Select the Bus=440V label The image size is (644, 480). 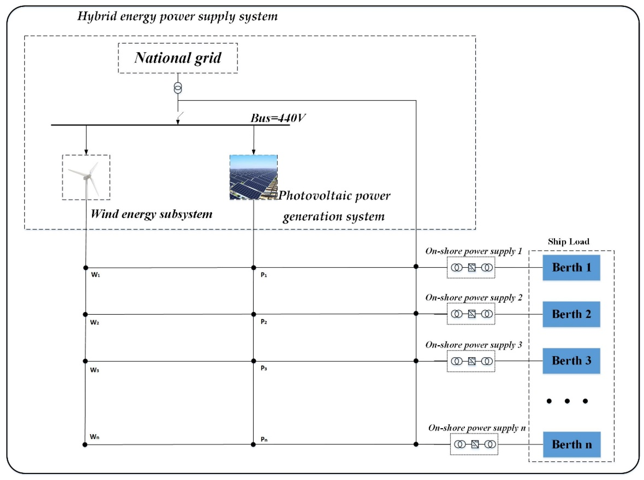278,118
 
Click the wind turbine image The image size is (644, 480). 86,177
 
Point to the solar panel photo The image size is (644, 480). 253,177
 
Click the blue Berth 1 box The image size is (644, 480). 571,267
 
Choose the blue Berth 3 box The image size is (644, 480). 571,361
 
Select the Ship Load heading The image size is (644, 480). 568,242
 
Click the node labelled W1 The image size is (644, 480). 86,267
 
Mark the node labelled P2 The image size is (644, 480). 253,314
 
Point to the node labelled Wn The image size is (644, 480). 85,445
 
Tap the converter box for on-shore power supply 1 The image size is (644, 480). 471,267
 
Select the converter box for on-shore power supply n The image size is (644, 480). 474,444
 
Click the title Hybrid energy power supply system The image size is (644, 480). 177,16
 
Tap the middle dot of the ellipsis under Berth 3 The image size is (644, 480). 567,401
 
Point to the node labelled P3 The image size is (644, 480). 253,361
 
